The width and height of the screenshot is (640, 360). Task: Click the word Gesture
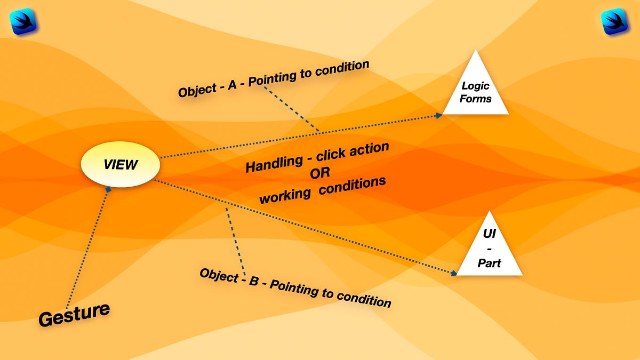coord(74,314)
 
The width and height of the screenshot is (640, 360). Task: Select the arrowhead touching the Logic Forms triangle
coord(439,115)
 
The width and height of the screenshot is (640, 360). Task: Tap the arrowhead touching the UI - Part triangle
coord(454,274)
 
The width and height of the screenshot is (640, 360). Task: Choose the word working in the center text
coord(285,195)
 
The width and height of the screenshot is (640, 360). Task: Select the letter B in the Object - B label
coord(254,281)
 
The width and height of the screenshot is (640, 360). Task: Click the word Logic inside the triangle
coord(475,86)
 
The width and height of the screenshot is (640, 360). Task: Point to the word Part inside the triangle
coord(489,263)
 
